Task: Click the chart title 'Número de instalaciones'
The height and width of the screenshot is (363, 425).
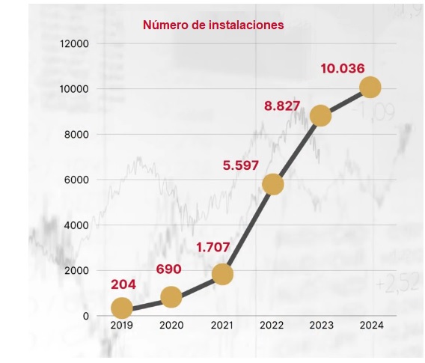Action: [213, 25]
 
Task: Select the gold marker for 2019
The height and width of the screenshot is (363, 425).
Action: [121, 308]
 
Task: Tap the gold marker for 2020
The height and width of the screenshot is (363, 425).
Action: [171, 297]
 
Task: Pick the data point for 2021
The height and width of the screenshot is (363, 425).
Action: [221, 274]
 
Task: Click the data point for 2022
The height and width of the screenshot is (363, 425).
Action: [273, 183]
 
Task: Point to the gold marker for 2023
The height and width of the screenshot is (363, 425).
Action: [320, 115]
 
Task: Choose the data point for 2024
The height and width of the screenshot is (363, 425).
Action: [370, 88]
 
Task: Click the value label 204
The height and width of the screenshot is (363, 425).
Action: [123, 284]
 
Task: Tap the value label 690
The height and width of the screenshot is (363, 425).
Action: [169, 269]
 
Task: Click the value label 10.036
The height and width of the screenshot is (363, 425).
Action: [343, 69]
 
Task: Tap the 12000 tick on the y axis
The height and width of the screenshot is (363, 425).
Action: [75, 43]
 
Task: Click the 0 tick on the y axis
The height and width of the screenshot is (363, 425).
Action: [85, 316]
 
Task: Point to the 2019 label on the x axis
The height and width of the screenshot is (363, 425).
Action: [121, 326]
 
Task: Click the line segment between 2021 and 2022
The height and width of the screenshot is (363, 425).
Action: [248, 228]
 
